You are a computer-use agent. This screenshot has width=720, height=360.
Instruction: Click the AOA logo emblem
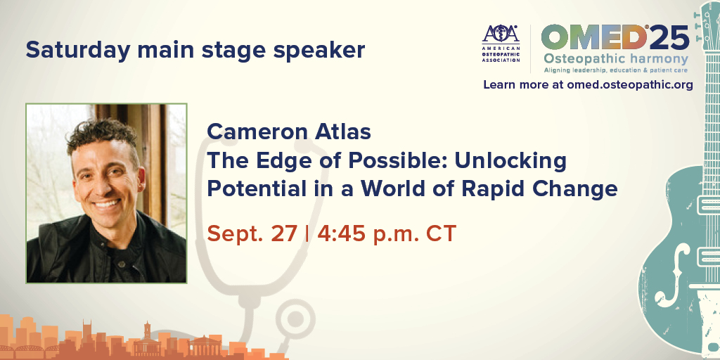500,34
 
